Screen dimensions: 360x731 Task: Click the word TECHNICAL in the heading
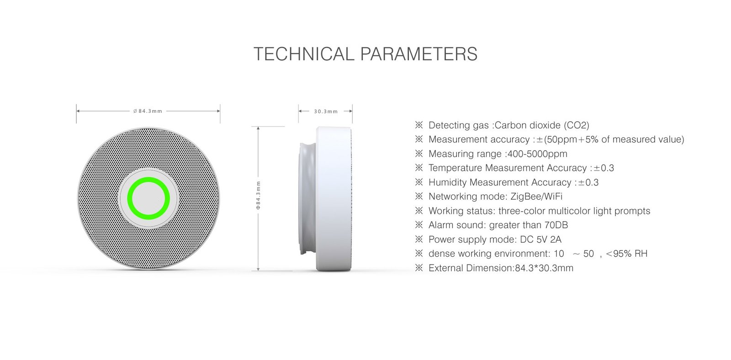tap(304, 54)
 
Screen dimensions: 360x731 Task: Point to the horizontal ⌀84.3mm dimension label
tap(148, 111)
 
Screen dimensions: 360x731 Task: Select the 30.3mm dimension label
tap(326, 111)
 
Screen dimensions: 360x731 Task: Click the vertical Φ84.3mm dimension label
tap(258, 195)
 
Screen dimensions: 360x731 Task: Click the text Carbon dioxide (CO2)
tap(542, 125)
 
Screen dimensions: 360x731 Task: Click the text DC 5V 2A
tap(540, 239)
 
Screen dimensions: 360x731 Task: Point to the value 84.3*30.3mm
tap(544, 268)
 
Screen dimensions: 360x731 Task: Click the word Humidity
tap(447, 182)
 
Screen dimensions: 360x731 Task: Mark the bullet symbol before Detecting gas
tap(419, 125)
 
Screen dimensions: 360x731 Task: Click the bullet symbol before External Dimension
tap(419, 268)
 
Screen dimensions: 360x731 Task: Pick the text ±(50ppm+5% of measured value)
tap(610, 139)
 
